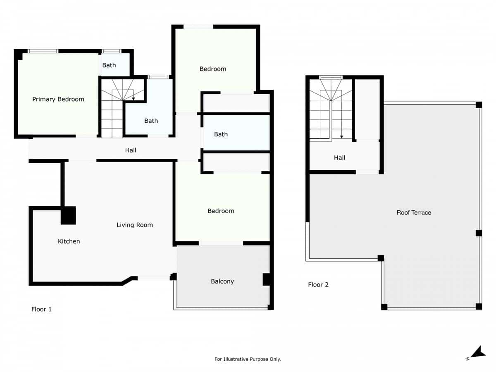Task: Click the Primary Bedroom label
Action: (58, 99)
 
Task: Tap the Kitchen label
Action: (69, 241)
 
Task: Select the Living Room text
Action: (135, 225)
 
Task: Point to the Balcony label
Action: (222, 281)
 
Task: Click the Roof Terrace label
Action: (414, 212)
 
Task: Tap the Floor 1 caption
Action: (42, 309)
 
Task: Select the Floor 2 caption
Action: (318, 285)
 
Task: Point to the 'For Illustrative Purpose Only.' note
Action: (248, 359)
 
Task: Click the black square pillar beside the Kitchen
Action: (68, 215)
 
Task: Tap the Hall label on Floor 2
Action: (339, 157)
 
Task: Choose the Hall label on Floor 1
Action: (131, 150)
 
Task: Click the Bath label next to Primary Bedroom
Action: (109, 65)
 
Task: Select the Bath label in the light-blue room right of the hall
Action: (221, 134)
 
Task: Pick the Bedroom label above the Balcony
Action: (221, 211)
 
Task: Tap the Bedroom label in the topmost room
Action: (213, 69)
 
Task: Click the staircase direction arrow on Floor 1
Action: (133, 99)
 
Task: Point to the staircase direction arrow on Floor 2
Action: (341, 137)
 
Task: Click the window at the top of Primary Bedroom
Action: (43, 51)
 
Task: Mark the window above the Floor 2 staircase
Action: (331, 77)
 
